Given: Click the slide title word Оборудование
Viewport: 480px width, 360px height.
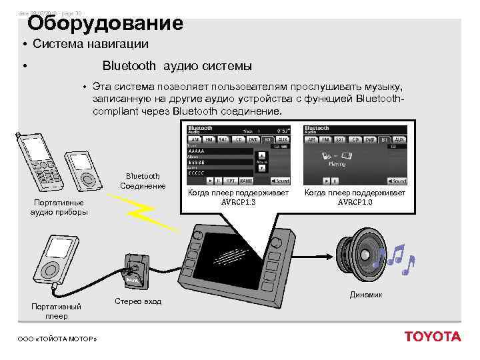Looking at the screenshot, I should (x=105, y=23).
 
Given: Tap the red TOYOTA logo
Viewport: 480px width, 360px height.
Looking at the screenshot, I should (x=433, y=337).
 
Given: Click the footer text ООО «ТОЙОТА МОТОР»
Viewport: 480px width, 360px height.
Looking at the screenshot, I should (x=57, y=339).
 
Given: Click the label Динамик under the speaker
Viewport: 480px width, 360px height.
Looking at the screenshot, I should (x=366, y=295).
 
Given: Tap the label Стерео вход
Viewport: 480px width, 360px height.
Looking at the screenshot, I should (x=138, y=301).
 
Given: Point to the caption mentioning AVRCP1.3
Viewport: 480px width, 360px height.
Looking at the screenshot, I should (x=238, y=197).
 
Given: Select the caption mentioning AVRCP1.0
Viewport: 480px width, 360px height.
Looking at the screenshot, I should (x=355, y=197).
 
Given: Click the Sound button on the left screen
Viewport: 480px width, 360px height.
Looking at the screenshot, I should (x=281, y=181).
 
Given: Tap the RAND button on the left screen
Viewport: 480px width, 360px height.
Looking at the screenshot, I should (x=246, y=181).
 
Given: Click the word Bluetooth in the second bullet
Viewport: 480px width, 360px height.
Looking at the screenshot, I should (x=129, y=66).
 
